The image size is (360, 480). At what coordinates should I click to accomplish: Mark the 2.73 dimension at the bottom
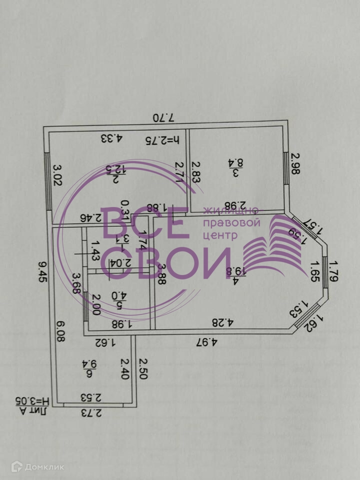click(91, 413)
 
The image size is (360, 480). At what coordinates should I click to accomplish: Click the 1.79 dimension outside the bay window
click(333, 270)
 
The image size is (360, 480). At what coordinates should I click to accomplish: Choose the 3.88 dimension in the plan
click(161, 273)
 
